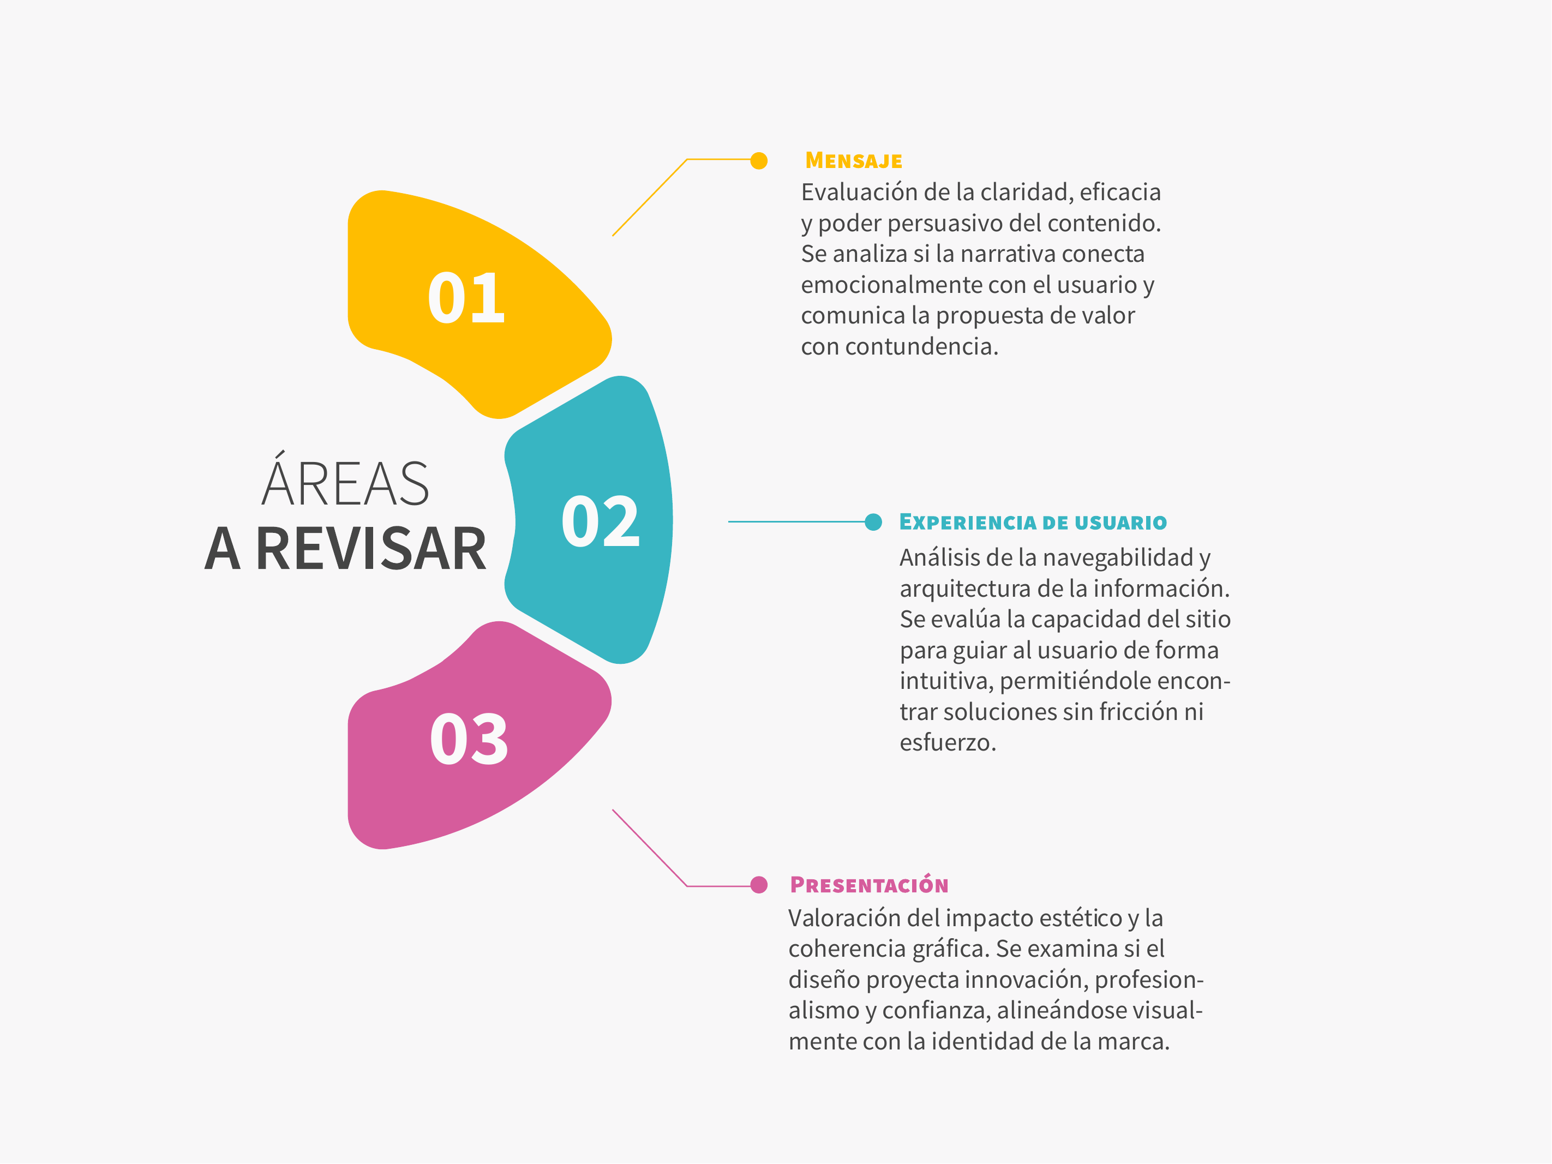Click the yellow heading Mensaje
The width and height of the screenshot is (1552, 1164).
(x=854, y=161)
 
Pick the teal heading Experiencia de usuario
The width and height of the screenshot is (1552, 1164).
(x=1033, y=522)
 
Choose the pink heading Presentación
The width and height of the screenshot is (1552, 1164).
(x=870, y=884)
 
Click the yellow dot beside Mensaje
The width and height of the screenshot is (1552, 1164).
(x=758, y=161)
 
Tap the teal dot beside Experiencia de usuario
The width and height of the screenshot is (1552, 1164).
(x=873, y=522)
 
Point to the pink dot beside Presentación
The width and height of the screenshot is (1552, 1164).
(x=758, y=885)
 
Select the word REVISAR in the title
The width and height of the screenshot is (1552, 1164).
(x=370, y=549)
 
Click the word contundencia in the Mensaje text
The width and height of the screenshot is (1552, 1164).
(x=921, y=346)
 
